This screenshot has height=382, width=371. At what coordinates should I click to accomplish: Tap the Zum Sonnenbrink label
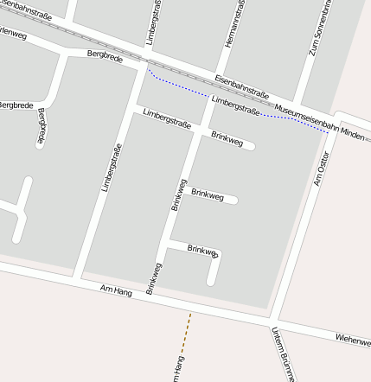pos(319,29)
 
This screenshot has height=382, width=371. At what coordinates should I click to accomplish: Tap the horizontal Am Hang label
pos(116,292)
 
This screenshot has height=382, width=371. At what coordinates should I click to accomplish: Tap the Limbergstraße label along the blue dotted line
pos(236,107)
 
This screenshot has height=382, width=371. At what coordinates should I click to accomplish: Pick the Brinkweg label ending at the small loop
pos(202,251)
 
